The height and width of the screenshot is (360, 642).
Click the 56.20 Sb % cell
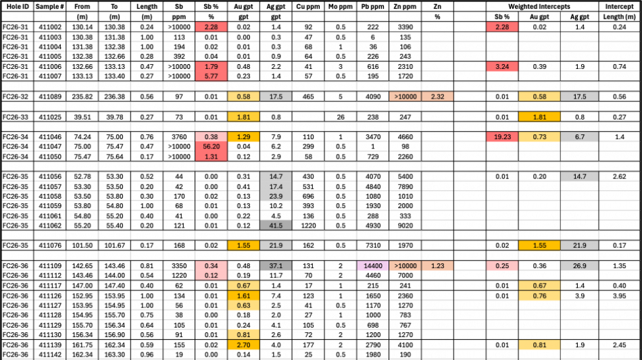point(212,147)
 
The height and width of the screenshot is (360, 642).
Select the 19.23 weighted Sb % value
point(502,136)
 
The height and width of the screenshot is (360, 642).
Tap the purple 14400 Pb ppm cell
point(372,266)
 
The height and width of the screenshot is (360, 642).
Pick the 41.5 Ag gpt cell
point(276,226)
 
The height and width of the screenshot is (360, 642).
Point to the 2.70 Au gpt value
point(243,345)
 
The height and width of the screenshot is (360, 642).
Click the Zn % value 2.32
point(437,97)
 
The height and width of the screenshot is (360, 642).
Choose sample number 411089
point(50,97)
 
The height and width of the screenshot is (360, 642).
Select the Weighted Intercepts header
point(539,7)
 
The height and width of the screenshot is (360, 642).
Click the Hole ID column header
point(18,7)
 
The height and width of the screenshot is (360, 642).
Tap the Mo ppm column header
point(340,7)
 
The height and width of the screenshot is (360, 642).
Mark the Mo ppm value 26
point(340,117)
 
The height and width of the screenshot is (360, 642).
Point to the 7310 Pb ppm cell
point(372,245)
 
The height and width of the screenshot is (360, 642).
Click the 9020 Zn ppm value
point(405,226)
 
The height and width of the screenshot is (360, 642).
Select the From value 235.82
point(82,97)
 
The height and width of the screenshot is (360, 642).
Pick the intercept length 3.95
point(619,296)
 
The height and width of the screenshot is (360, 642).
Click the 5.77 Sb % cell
point(212,76)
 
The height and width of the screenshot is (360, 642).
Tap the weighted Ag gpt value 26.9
point(579,266)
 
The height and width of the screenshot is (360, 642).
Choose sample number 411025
point(50,117)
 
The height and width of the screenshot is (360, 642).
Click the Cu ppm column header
point(308,7)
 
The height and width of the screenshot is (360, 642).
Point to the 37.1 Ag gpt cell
point(276,266)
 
